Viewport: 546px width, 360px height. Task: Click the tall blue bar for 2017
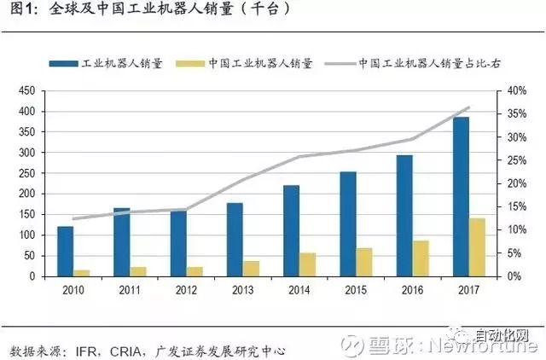(x=461, y=197)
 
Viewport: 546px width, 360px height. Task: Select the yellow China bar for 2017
(x=477, y=247)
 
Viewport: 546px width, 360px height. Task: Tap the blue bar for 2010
(x=66, y=252)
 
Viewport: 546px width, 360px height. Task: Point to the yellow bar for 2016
(x=421, y=258)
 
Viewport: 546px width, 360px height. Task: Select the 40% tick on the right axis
(x=515, y=91)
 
